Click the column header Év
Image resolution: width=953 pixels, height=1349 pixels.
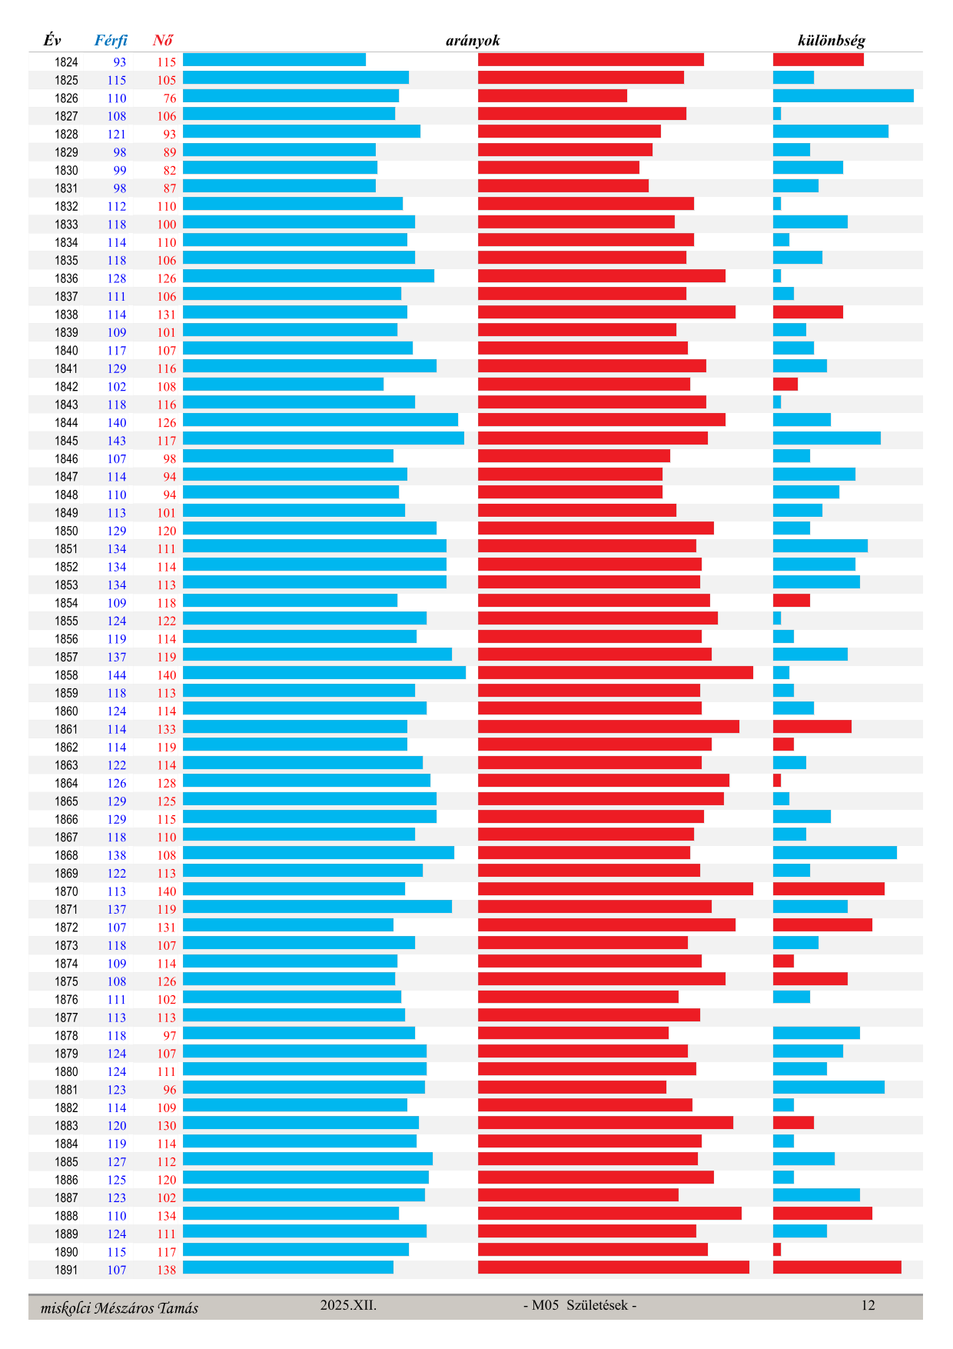coord(51,40)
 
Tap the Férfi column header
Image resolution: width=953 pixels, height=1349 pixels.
coord(111,40)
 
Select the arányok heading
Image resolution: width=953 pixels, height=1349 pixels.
coord(473,40)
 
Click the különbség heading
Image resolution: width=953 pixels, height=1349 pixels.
coord(831,40)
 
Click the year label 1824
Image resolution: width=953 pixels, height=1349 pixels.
coord(66,62)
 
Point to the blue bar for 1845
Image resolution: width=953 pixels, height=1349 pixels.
coord(323,438)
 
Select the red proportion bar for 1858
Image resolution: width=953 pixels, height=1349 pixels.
coord(615,673)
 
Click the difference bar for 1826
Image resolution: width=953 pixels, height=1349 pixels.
coord(843,96)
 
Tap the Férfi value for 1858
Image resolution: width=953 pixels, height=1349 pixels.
coord(117,675)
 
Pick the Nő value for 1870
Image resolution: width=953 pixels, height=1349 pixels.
coord(167,891)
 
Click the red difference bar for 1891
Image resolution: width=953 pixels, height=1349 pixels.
coord(837,1267)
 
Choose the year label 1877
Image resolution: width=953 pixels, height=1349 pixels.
coord(66,1018)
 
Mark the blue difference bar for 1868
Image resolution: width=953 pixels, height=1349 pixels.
coord(835,853)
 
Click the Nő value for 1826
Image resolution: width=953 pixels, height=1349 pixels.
coord(170,98)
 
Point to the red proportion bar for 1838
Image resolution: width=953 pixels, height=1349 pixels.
coord(606,312)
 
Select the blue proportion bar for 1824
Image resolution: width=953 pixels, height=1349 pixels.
coord(274,60)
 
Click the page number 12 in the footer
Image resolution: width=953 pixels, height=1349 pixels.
coord(868,1305)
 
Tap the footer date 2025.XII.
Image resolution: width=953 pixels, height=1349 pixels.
coord(348,1305)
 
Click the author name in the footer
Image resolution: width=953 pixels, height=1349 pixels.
coord(119,1307)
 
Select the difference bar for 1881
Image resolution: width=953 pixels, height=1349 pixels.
coord(828,1088)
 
